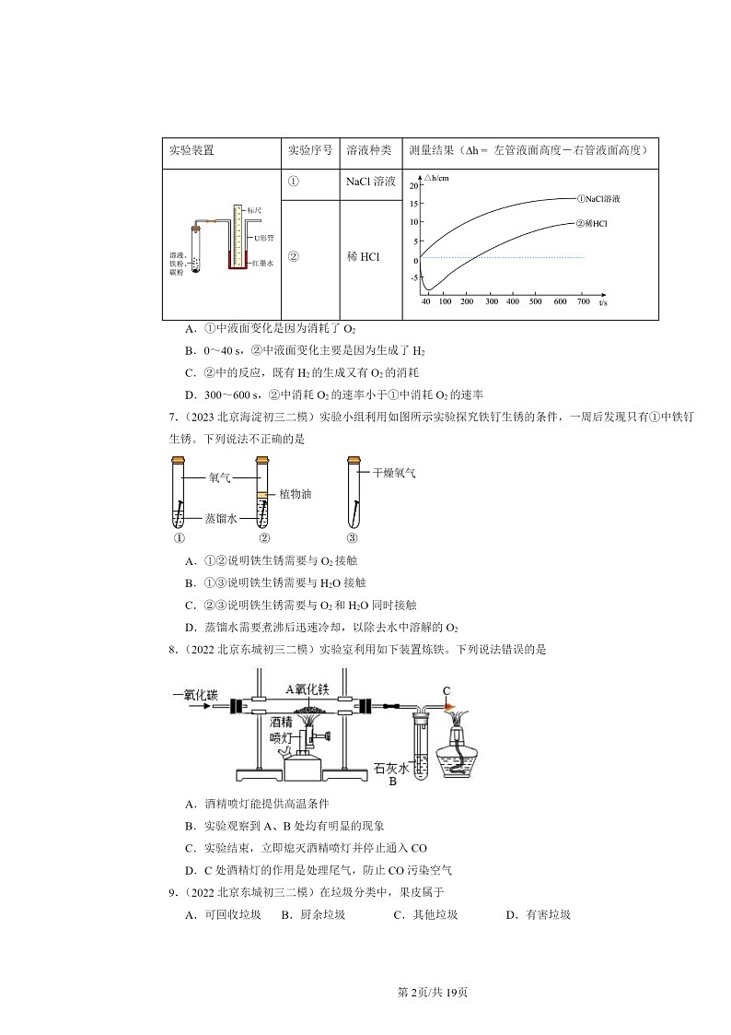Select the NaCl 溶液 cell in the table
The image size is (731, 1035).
point(370,182)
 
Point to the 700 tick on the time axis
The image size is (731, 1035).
point(583,301)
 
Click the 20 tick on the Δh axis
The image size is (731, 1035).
point(414,185)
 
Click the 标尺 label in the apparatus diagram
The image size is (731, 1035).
point(255,211)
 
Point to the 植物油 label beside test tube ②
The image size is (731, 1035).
point(295,495)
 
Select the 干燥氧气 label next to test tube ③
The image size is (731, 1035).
point(394,473)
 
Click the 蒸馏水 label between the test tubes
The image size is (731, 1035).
point(221,519)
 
